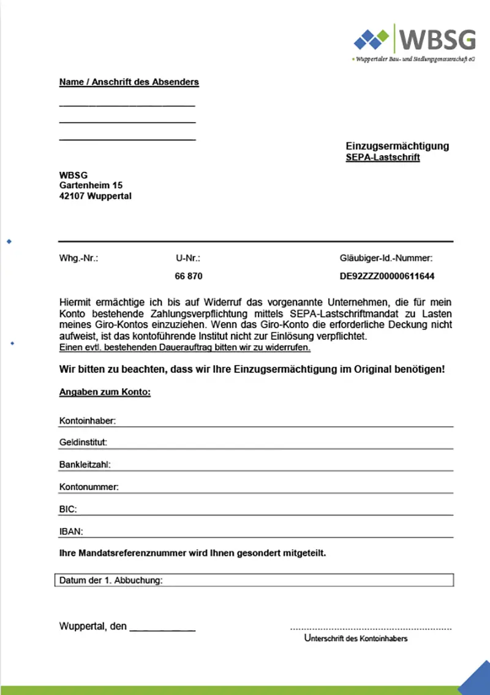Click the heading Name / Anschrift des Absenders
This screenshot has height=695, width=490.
[129, 82]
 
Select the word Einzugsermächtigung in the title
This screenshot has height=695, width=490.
[397, 146]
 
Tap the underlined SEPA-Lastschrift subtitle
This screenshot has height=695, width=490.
[383, 158]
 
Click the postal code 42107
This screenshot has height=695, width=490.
[72, 196]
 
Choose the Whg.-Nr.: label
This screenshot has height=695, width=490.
[78, 258]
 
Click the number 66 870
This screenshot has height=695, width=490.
[189, 276]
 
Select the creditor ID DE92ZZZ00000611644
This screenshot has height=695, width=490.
[387, 276]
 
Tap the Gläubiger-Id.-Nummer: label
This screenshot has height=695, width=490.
[386, 258]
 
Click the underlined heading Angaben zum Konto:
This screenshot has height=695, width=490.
[105, 392]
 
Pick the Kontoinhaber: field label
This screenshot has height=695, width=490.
[88, 421]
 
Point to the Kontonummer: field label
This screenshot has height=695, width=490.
[88, 486]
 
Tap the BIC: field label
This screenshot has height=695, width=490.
[68, 509]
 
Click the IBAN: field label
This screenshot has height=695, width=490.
[70, 531]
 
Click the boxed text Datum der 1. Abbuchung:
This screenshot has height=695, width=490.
[111, 580]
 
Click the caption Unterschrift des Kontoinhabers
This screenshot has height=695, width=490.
[356, 639]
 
